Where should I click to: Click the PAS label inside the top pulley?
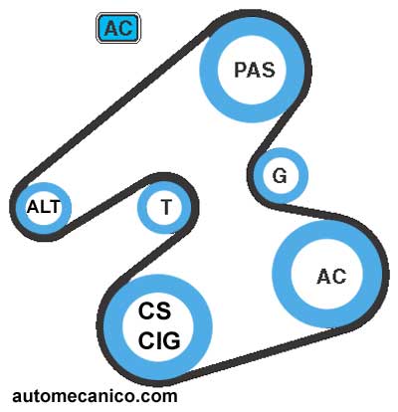tap(255, 70)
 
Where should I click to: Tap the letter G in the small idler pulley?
tap(280, 176)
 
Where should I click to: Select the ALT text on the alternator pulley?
tap(44, 207)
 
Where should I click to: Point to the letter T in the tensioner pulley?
tap(166, 207)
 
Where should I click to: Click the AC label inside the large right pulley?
tap(331, 277)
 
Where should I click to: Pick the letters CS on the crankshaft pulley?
tap(154, 310)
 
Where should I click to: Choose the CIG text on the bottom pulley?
tap(159, 340)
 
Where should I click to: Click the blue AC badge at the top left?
tap(118, 28)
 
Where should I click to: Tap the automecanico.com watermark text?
tap(95, 396)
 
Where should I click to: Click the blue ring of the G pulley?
tap(257, 176)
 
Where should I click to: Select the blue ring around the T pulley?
tap(141, 207)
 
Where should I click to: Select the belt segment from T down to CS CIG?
tap(145, 261)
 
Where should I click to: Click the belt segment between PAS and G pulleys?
tap(276, 131)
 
